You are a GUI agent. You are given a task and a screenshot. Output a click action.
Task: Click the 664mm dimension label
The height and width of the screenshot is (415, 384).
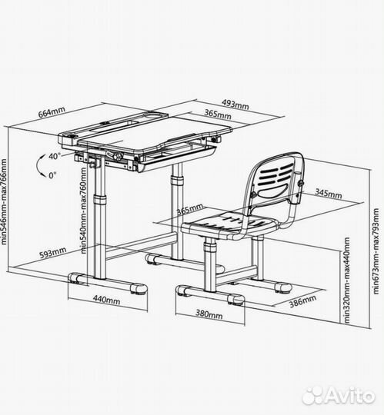coord(52,112)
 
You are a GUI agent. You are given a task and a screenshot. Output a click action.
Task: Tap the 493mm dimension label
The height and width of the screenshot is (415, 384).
coord(235,104)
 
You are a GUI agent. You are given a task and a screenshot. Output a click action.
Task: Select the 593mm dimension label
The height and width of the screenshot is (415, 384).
coord(53,253)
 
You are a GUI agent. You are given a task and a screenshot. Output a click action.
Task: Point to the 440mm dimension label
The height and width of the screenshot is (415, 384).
coord(106,300)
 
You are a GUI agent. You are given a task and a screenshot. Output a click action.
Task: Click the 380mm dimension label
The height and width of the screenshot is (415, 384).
coord(209,314)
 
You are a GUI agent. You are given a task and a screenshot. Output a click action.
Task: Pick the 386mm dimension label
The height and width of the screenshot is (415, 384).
coord(302,301)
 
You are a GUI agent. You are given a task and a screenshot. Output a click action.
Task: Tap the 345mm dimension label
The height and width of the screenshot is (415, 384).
coord(329,194)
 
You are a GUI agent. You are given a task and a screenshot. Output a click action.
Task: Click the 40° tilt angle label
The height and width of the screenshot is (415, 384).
coord(55,156)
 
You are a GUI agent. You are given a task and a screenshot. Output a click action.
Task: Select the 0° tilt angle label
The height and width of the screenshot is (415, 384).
coord(52,175)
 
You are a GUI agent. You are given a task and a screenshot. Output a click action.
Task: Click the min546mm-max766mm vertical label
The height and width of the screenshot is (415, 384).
coord(4,201)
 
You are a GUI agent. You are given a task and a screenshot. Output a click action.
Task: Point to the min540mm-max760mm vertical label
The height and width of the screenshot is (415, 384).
coord(84,211)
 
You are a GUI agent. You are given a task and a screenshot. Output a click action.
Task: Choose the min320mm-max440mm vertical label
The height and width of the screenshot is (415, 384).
coord(346,280)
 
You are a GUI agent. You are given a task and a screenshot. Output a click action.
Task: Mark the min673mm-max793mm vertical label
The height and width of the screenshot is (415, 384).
coord(376,251)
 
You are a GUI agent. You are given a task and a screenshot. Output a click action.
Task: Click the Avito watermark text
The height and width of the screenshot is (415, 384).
coord(351,396)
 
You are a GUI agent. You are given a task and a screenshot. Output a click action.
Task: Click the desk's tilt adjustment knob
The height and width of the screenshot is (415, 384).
coord(117,156)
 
